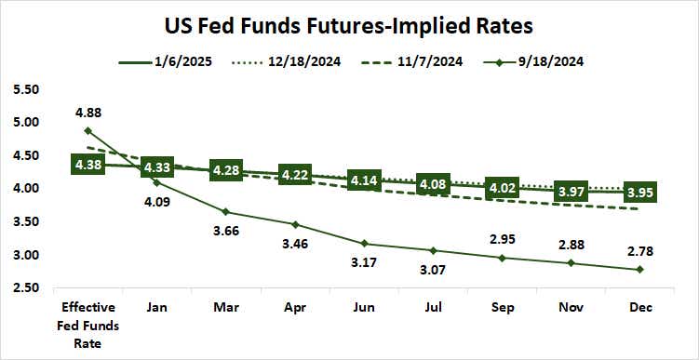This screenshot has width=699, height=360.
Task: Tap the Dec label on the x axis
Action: click(x=639, y=305)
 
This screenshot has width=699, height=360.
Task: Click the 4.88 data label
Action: click(x=87, y=113)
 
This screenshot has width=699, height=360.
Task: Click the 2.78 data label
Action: click(x=639, y=248)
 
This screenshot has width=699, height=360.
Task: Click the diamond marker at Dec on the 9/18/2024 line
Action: click(x=639, y=269)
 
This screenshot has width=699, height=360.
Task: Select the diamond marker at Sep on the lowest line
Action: click(x=502, y=258)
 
